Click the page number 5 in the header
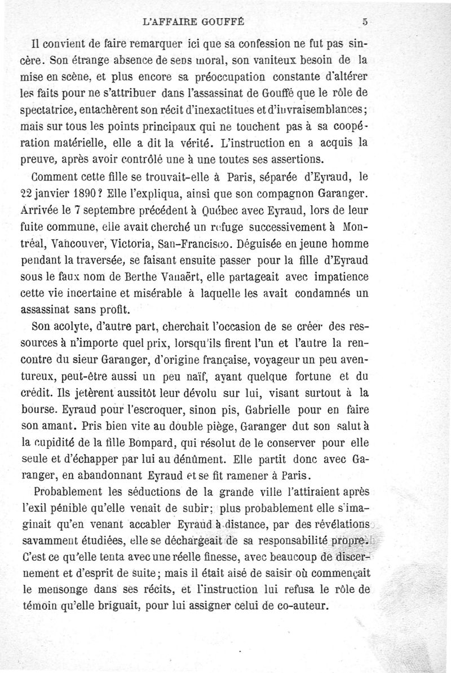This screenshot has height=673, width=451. (365, 22)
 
